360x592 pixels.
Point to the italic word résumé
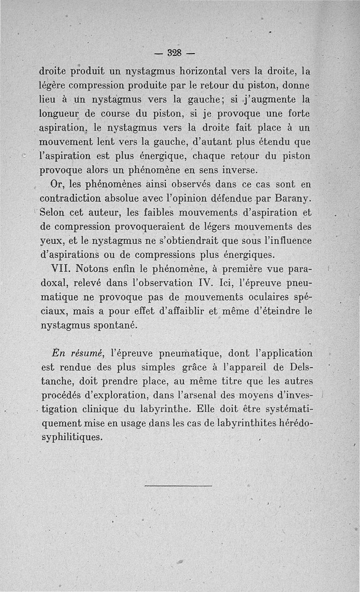click(90, 354)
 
